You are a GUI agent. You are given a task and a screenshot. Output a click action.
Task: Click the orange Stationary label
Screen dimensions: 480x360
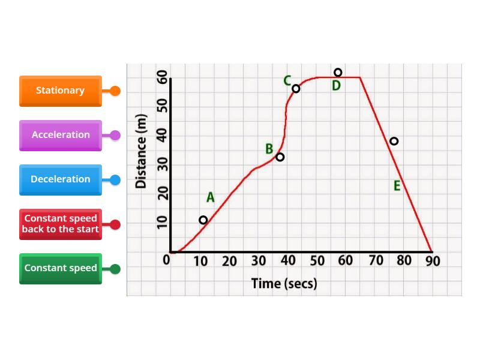(61, 91)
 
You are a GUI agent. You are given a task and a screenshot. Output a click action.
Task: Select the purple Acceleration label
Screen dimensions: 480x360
(61, 136)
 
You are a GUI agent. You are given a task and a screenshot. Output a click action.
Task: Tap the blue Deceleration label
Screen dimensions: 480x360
(61, 179)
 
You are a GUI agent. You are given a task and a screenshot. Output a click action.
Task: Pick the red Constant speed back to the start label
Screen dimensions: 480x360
(61, 224)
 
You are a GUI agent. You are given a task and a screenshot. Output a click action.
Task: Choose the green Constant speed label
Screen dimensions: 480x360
(61, 268)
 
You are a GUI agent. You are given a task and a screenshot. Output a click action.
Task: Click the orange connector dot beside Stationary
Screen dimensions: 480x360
(115, 91)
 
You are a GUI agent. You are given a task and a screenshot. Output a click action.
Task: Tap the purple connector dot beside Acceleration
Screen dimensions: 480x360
(115, 136)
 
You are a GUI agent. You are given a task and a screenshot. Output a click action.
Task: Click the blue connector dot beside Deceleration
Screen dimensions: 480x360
(115, 179)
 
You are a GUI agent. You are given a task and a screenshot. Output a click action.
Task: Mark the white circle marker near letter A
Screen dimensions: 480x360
(203, 220)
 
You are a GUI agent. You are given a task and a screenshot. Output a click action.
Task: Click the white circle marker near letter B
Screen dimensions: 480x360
(280, 157)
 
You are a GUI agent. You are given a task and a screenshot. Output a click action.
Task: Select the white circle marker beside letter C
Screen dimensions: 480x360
(296, 89)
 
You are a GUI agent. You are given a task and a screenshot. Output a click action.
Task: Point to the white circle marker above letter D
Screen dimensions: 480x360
(338, 73)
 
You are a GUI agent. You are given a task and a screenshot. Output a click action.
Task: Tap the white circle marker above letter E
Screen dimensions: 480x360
(394, 141)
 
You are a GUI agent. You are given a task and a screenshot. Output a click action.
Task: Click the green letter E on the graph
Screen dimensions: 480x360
(397, 186)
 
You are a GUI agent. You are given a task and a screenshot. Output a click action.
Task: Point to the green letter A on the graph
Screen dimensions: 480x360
(211, 197)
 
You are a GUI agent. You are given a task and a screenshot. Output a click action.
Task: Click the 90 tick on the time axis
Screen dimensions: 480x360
(433, 261)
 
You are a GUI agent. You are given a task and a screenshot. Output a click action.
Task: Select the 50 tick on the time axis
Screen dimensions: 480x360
(317, 261)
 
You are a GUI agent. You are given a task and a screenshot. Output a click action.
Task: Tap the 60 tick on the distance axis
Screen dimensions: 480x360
(163, 77)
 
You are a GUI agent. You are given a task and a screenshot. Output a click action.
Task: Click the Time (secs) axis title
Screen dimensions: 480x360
(284, 283)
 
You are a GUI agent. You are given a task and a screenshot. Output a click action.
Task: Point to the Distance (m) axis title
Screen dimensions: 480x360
(141, 151)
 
